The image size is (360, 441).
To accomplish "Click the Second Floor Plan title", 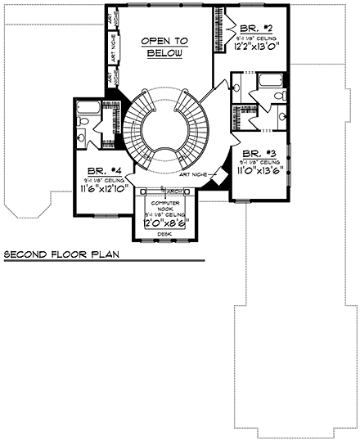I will (61, 255).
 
